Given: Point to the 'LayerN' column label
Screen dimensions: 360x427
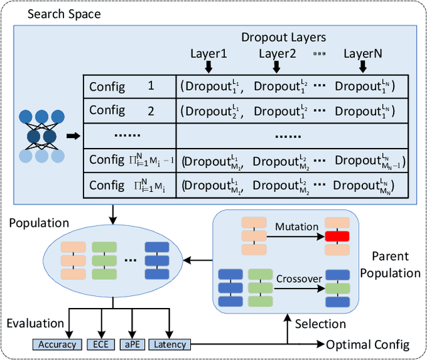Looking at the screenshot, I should click(x=363, y=53).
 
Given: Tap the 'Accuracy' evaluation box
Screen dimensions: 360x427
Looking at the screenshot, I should click(x=56, y=345).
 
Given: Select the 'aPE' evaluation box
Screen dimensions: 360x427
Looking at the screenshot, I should click(x=130, y=345).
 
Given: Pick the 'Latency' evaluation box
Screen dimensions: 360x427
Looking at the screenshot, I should click(x=169, y=345).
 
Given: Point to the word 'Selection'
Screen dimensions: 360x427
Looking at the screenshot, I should click(x=320, y=324).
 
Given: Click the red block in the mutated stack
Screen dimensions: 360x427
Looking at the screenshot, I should click(x=338, y=237).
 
